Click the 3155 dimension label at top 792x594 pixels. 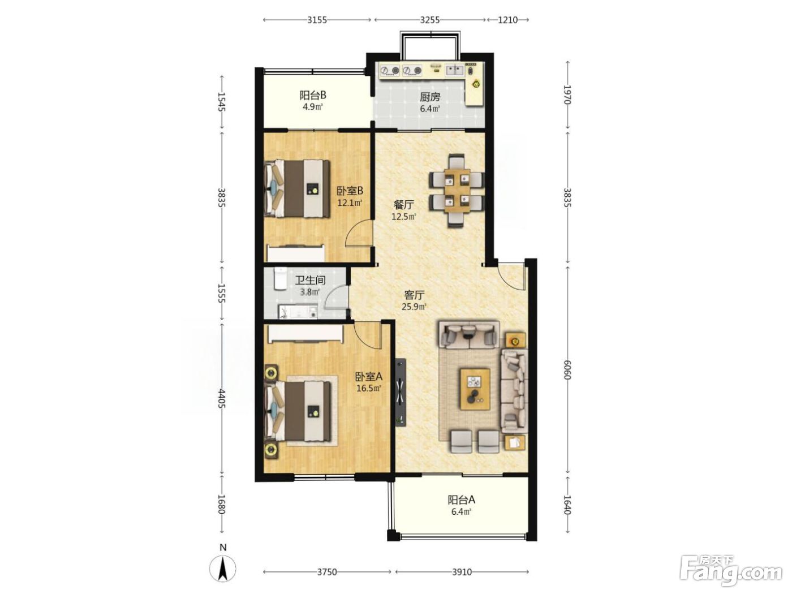[x=317, y=20]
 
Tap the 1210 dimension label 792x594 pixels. [x=507, y=20]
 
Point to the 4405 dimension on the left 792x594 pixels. [x=222, y=398]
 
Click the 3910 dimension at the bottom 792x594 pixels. [x=462, y=572]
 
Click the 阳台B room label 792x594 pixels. [x=312, y=95]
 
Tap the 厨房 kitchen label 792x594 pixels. [x=430, y=97]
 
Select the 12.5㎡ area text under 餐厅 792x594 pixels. [x=404, y=217]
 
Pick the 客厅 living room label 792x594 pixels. [x=414, y=295]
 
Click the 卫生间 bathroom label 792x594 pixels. [x=311, y=280]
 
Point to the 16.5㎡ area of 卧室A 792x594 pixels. [x=369, y=389]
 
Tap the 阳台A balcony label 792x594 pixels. [x=461, y=500]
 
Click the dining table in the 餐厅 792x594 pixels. [x=457, y=191]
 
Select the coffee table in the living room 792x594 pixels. [x=475, y=389]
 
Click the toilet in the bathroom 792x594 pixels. [x=280, y=278]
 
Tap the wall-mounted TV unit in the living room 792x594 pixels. [x=401, y=393]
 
